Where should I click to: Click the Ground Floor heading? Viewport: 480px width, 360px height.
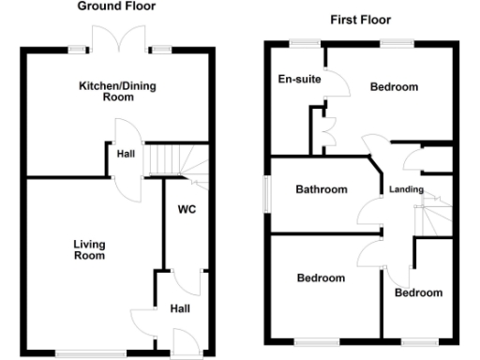pyautogui.click(x=116, y=7)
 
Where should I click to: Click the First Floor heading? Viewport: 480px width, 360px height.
pyautogui.click(x=361, y=20)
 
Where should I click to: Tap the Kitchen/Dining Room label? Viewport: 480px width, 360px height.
pyautogui.click(x=117, y=91)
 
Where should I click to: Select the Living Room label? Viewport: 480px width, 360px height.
pyautogui.click(x=90, y=249)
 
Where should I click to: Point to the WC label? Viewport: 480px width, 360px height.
pyautogui.click(x=186, y=209)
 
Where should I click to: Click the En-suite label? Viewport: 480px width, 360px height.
pyautogui.click(x=300, y=80)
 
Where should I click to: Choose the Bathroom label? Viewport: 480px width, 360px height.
pyautogui.click(x=322, y=189)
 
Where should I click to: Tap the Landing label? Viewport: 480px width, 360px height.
pyautogui.click(x=406, y=189)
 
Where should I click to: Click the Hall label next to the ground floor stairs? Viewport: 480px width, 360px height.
pyautogui.click(x=125, y=155)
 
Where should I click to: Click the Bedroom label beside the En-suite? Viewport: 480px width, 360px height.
pyautogui.click(x=394, y=87)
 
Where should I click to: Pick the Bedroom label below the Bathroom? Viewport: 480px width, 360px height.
pyautogui.click(x=321, y=277)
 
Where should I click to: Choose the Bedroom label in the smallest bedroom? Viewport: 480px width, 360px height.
pyautogui.click(x=418, y=292)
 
